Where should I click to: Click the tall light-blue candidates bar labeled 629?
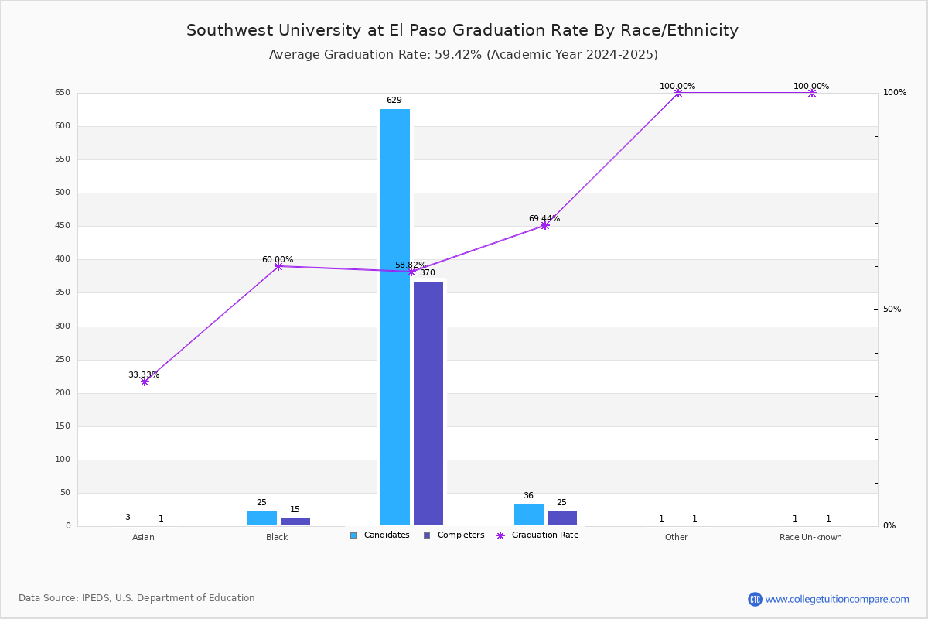coord(395,316)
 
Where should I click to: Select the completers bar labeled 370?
coord(428,403)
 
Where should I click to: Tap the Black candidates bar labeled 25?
coord(262,518)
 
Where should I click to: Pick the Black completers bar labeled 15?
coord(295,522)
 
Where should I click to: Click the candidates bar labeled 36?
coord(529,515)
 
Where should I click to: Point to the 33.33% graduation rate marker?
coord(145,382)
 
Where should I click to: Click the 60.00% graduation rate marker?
coord(278,266)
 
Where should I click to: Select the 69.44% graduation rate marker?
coord(545,225)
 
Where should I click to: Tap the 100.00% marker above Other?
coord(678,93)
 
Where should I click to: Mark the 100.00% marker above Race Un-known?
coord(812,93)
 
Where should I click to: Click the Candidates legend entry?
coord(380,535)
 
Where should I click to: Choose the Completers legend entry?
coord(454,535)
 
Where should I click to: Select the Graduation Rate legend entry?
coord(537,535)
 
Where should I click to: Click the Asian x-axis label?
coord(143,537)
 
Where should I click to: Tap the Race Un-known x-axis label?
coord(810,537)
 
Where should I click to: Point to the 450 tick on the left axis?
coord(63,225)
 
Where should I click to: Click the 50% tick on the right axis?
coord(892,309)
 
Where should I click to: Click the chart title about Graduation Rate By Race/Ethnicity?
coord(462,30)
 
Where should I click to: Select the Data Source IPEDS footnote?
coord(137,598)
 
